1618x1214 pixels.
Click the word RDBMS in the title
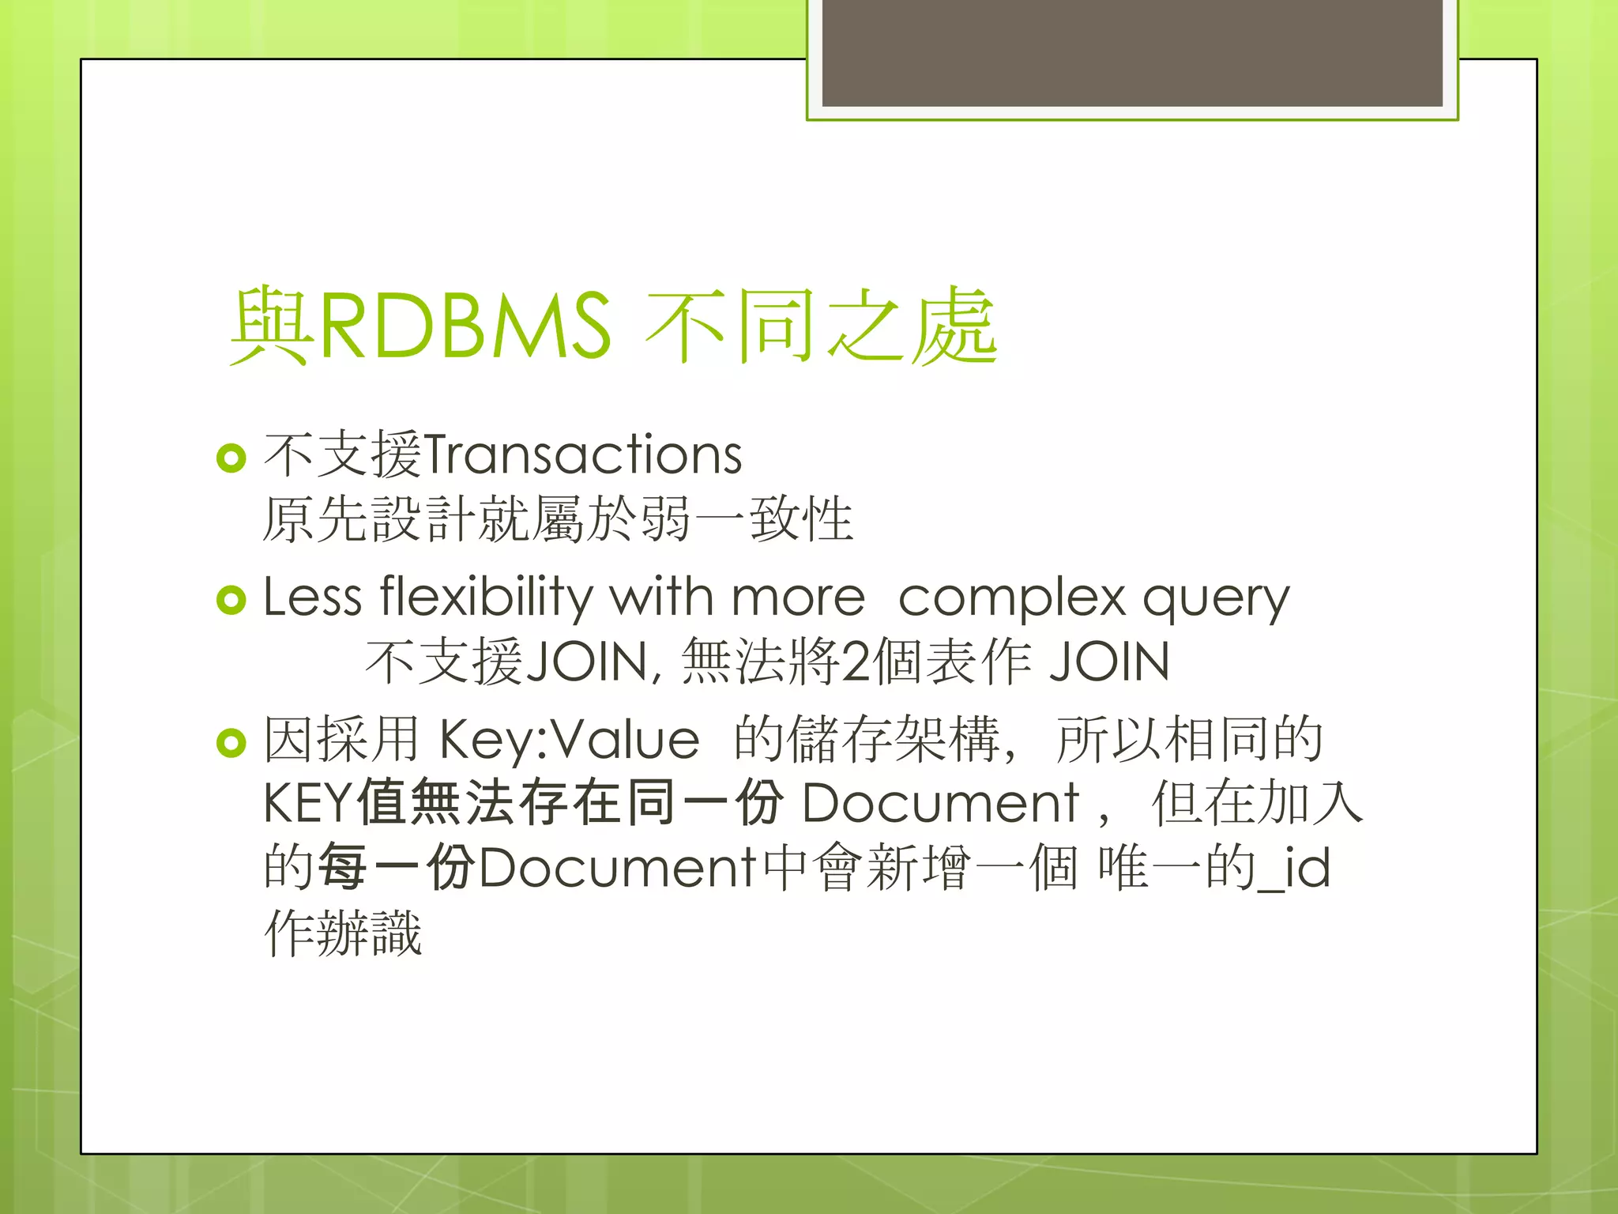465,326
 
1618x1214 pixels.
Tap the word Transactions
583,455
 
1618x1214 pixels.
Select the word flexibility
485,596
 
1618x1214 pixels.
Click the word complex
1011,598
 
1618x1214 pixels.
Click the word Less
312,596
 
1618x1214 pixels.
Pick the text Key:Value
569,740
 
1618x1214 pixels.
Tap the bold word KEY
307,803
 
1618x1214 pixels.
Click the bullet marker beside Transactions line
231,458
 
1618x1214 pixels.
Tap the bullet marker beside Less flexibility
231,600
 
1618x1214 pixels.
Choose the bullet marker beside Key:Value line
231,742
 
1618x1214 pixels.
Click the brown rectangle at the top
1132,52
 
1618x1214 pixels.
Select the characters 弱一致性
747,519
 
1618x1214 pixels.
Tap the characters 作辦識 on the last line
343,933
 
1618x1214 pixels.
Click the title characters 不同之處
822,326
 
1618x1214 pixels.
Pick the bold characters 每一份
396,868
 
